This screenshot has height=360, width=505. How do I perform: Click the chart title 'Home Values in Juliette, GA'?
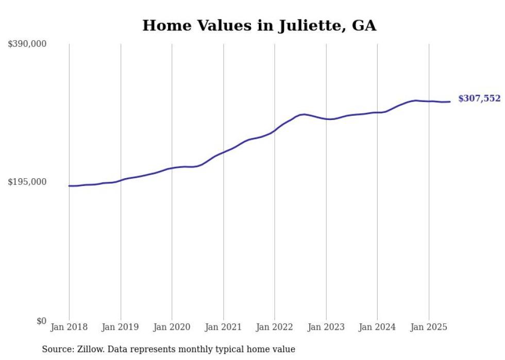tap(259, 25)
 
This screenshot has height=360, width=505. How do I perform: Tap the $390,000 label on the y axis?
tap(27, 44)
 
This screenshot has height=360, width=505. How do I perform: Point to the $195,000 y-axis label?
tap(27, 182)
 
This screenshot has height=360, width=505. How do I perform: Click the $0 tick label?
tap(41, 321)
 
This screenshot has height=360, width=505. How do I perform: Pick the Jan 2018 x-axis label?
tap(69, 327)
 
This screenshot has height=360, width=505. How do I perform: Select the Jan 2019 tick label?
tap(121, 327)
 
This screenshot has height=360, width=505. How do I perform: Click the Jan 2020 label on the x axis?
tap(172, 327)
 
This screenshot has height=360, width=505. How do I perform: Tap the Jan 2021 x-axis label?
tap(223, 327)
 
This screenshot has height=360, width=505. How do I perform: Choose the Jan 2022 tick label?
tap(275, 327)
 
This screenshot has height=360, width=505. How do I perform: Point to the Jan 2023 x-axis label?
tap(326, 327)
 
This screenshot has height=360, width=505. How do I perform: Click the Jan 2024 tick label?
tap(377, 327)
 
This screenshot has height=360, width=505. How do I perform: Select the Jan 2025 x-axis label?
tap(429, 327)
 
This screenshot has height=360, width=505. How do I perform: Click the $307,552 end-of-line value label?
tap(479, 98)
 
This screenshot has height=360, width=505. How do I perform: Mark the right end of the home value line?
tap(450, 101)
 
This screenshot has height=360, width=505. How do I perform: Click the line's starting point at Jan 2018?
tap(69, 186)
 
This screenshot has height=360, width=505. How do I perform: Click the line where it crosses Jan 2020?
tap(172, 168)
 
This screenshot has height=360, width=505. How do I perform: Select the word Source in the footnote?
tap(56, 349)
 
